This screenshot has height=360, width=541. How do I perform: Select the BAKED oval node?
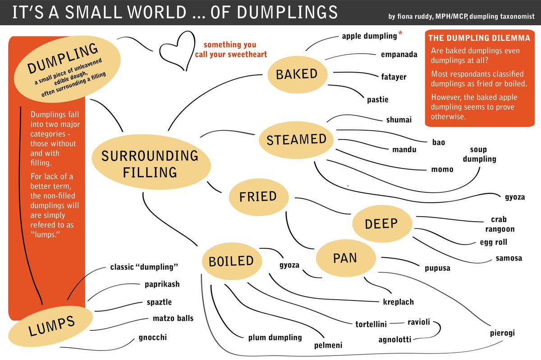[x=297, y=74]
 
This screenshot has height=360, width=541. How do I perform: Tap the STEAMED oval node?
[x=296, y=139]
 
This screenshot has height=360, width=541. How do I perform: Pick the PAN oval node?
[x=345, y=258]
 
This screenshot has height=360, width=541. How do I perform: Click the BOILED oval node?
[x=231, y=261]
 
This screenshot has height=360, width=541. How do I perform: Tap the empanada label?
[x=399, y=55]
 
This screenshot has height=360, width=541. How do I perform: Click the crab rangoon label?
[x=499, y=224]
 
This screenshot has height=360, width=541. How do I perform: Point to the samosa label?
[x=509, y=258]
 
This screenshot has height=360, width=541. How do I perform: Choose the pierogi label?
[x=502, y=333]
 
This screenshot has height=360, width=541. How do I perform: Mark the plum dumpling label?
[x=275, y=337]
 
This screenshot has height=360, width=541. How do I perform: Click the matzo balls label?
[x=173, y=319]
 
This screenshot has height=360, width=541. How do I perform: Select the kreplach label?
[x=398, y=302]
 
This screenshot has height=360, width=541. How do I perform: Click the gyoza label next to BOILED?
[x=290, y=265]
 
